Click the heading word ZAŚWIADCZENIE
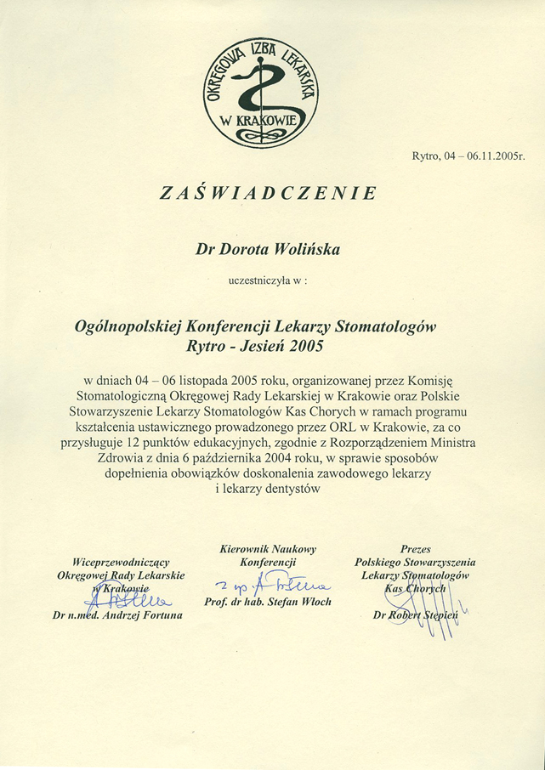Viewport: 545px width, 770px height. coord(269,193)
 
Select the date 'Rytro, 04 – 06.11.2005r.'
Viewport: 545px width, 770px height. coord(468,156)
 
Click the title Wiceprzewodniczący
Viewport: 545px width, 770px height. coord(122,562)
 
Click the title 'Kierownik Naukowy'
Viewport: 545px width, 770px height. coord(268,549)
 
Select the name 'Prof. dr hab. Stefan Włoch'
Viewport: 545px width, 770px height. coord(268,602)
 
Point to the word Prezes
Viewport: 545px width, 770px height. coord(415,549)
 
